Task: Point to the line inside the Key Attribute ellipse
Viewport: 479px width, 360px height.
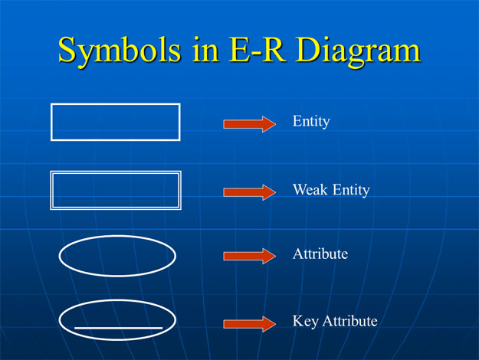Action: coord(118,328)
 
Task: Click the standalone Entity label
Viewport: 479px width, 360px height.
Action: coord(310,122)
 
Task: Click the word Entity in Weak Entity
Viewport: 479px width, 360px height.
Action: coord(350,190)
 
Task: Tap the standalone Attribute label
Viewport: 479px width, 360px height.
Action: coord(320,253)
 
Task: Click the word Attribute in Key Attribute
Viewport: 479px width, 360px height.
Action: coord(349,321)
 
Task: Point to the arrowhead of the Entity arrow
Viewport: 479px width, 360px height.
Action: coord(267,124)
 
